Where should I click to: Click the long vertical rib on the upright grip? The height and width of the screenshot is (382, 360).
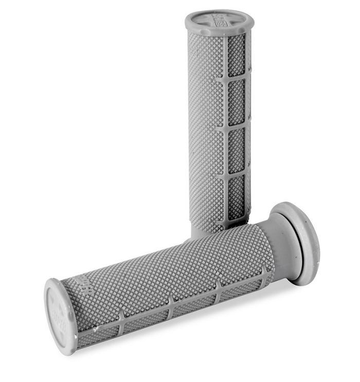pos(225,129)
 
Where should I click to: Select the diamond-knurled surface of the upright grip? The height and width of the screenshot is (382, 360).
pos(206,129)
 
